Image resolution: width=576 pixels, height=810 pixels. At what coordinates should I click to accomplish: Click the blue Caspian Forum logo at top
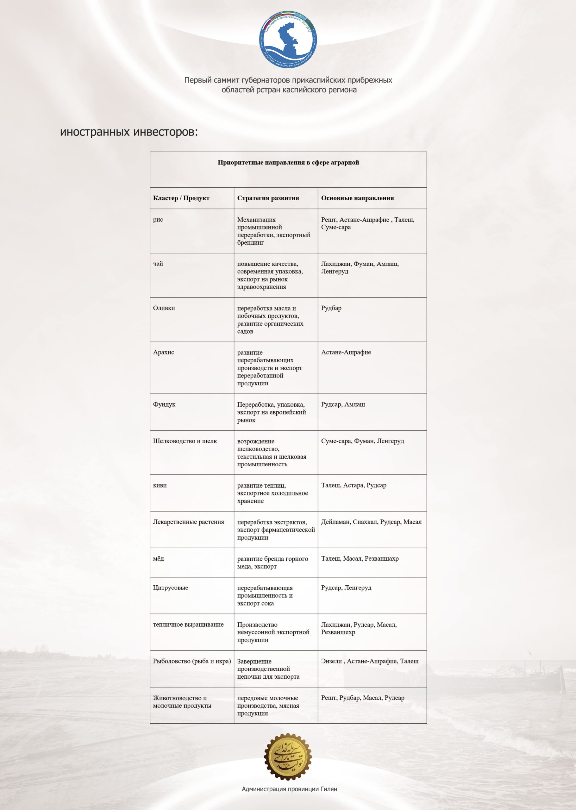click(288, 39)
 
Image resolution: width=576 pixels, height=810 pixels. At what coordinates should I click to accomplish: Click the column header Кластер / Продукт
click(181, 198)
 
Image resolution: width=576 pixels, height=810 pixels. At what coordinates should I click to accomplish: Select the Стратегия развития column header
click(268, 198)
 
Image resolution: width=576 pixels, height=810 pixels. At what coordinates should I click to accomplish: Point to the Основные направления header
click(357, 198)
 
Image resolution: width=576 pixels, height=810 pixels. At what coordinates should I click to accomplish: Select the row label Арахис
click(164, 352)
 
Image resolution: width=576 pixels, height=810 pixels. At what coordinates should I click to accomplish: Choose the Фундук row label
click(164, 404)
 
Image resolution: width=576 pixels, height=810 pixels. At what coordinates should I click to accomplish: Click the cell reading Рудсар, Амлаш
click(343, 404)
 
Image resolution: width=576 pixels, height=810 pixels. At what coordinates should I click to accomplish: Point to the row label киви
click(160, 485)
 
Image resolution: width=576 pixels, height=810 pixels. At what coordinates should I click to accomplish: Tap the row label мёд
click(158, 558)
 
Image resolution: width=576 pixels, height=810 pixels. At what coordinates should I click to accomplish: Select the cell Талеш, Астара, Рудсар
click(353, 485)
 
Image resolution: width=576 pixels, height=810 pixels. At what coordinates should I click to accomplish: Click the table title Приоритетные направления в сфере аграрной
click(288, 162)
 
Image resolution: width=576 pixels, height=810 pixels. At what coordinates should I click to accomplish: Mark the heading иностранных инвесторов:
click(129, 132)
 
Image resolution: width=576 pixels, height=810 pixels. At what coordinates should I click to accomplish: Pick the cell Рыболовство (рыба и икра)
click(191, 661)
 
